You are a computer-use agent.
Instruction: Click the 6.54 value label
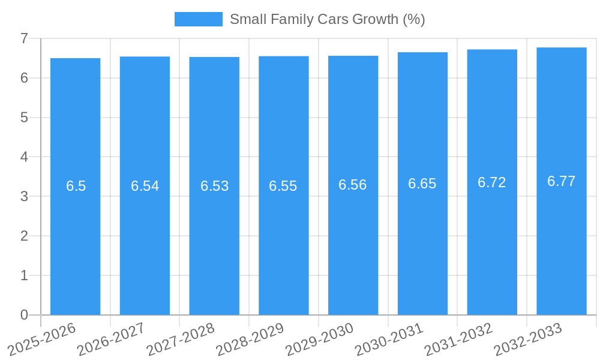coord(145,186)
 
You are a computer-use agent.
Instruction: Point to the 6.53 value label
coord(214,186)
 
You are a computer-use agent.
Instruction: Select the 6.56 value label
coord(353,185)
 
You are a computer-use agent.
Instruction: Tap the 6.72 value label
coord(492,182)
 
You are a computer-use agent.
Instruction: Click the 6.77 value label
coord(562,181)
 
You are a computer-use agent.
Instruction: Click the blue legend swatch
coord(198,19)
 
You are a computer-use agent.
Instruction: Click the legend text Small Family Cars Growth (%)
coord(327,19)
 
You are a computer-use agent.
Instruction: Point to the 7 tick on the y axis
coord(24,38)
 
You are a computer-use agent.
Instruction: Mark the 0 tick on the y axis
coord(24,315)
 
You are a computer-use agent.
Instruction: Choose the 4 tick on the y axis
coord(24,157)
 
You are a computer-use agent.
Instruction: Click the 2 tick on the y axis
coord(24,236)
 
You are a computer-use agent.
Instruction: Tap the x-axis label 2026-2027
coord(111,339)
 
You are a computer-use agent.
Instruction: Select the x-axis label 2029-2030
coord(319,339)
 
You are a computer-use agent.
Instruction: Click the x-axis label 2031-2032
coord(458,339)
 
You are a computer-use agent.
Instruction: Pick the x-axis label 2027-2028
coord(180,339)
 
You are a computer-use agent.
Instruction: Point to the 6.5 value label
coord(76,186)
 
